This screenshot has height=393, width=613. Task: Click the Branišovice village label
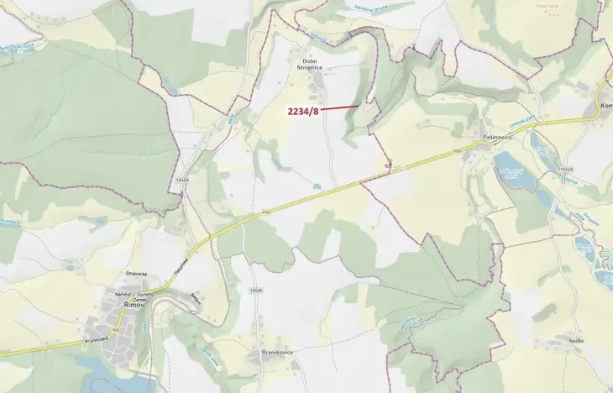(x=276, y=353)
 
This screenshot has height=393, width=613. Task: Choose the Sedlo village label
(x=575, y=340)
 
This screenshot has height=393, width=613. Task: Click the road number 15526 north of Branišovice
(x=255, y=290)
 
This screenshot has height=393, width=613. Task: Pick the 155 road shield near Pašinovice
(x=458, y=151)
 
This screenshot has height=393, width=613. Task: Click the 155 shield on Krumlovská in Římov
(x=115, y=331)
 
